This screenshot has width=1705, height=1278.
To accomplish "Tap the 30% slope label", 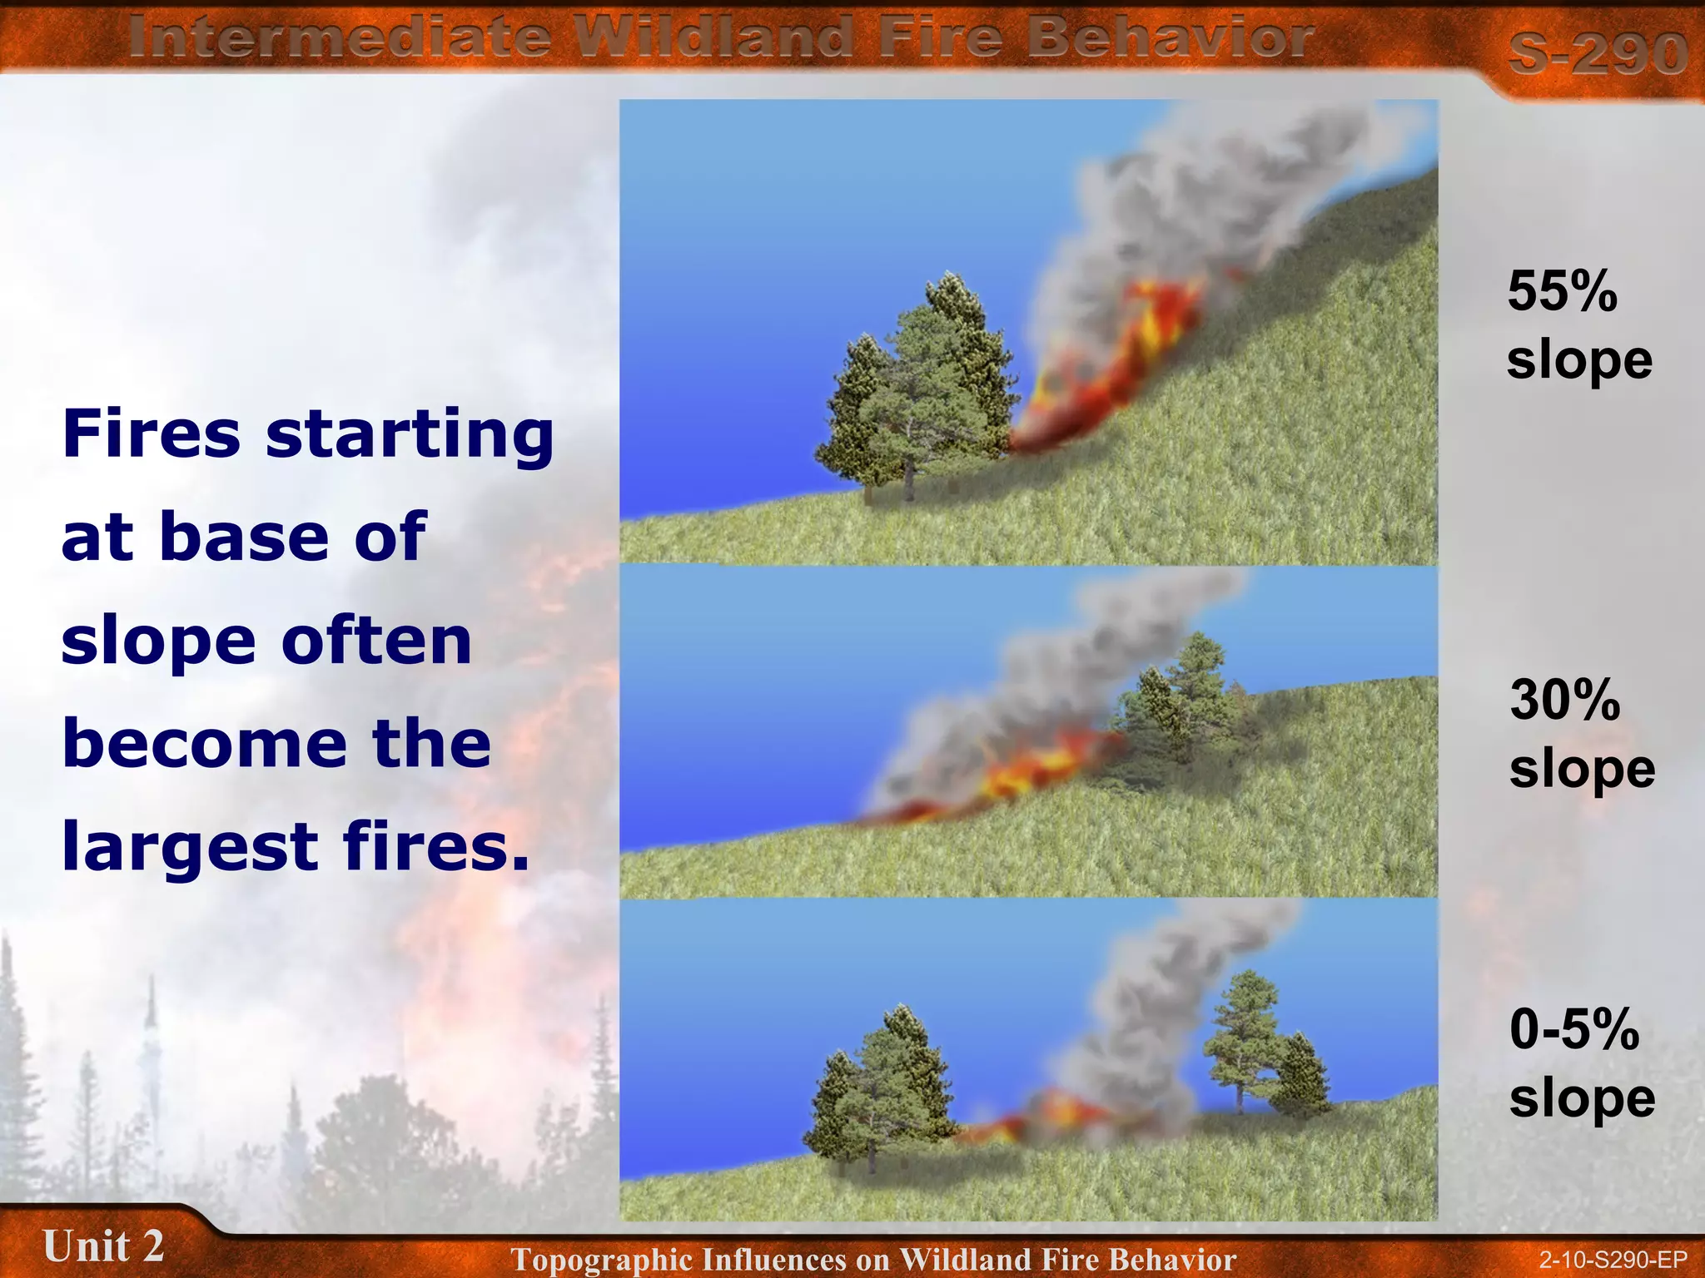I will pos(1581,734).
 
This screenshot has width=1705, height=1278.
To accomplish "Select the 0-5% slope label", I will pos(1581,1063).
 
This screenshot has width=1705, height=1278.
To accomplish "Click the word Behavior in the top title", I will pos(1169,38).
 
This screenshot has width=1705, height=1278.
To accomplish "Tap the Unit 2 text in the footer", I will pos(103,1246).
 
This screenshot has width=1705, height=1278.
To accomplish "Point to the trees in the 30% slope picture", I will pos(1182,707).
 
